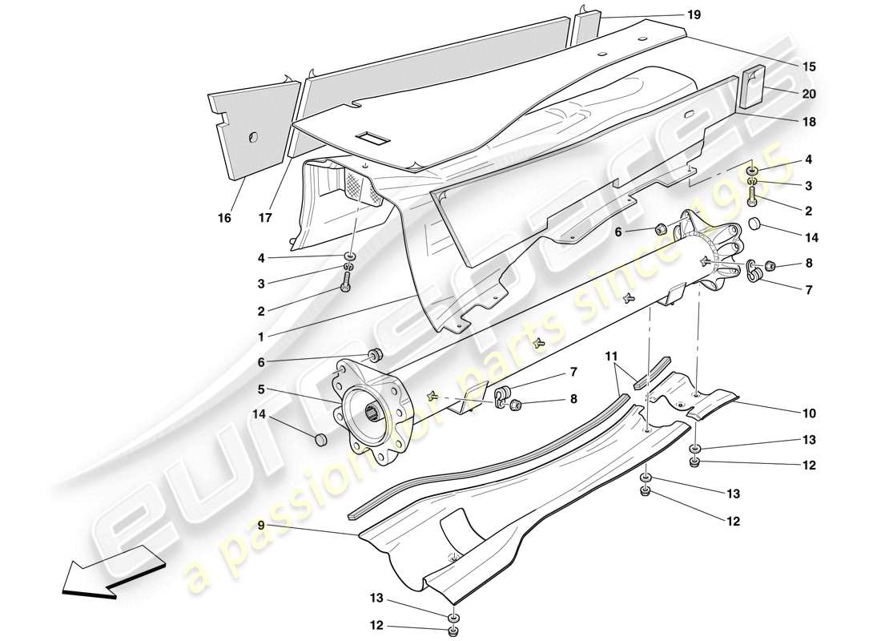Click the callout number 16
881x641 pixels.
click(225, 218)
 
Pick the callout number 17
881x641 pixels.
click(265, 218)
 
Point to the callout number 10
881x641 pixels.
click(808, 413)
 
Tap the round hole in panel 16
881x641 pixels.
click(252, 139)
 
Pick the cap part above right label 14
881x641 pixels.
click(754, 221)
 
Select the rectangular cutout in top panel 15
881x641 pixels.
click(373, 138)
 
